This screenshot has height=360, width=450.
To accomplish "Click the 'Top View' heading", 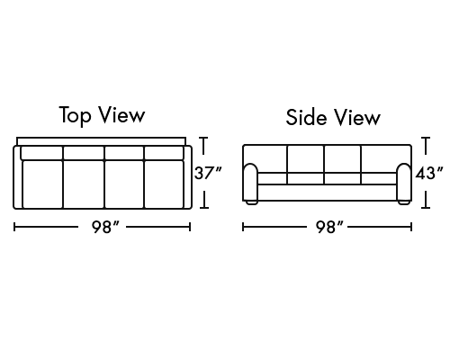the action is point(102,115).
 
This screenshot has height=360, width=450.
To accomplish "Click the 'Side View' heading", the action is point(333,117).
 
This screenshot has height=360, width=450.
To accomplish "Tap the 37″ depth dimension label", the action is point(208,173).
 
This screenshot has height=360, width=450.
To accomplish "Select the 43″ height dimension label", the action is point(429,173).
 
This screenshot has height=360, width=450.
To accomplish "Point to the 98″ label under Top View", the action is point(105,227).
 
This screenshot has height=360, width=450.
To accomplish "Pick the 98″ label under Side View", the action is point(329,227).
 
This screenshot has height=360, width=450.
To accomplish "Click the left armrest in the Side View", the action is point(250,183).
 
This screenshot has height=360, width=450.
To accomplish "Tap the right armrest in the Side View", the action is point(404,183).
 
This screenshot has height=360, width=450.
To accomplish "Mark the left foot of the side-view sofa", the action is point(252,202).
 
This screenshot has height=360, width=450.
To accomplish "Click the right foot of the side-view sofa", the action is point(404,202).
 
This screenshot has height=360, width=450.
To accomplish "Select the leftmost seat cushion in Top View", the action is point(42,184).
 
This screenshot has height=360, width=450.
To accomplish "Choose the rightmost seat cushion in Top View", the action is point(164,184).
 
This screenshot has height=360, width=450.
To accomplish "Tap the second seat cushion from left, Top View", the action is point(84,184).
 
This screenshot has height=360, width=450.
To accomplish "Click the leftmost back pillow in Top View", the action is point(41,153).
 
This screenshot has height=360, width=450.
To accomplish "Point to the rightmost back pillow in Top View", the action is point(164,153).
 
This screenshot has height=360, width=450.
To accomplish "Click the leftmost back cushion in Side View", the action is point(265,159).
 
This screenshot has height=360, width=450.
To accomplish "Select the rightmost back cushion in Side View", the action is point(386,159).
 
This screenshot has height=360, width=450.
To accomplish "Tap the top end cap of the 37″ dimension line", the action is point(203,138).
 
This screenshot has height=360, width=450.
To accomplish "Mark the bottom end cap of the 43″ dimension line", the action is point(426,207).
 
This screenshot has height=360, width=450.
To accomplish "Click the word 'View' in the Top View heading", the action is point(121,115).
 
